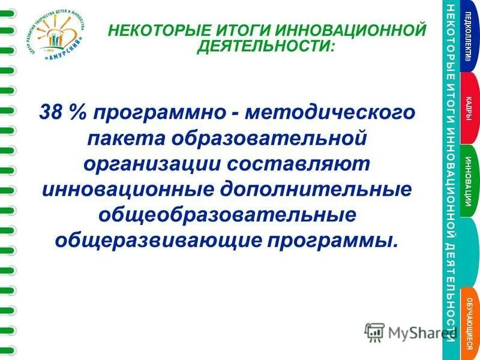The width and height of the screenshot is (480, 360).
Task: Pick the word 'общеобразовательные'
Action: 227,214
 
